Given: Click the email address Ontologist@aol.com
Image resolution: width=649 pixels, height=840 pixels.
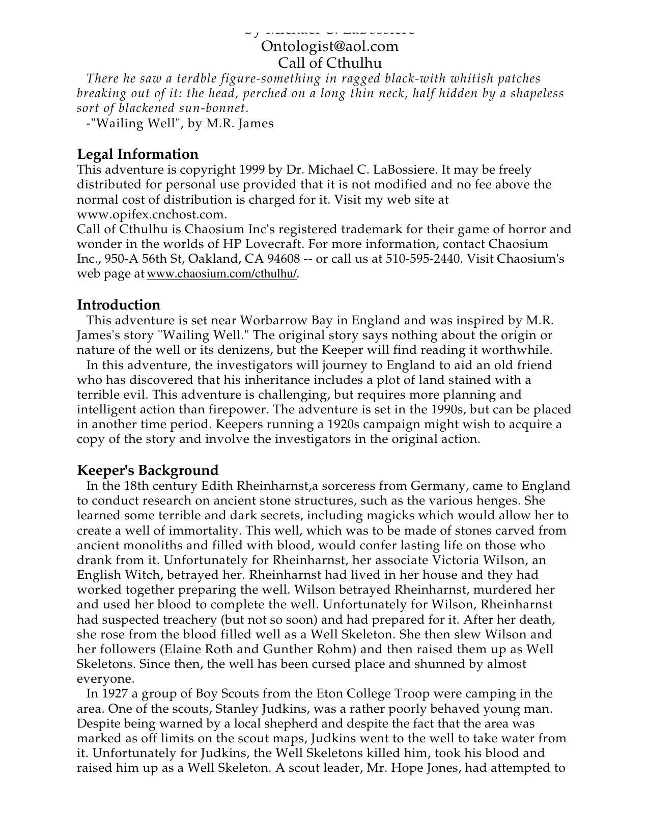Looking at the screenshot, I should click(x=329, y=46).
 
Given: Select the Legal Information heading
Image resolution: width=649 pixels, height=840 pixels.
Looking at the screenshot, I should click(x=137, y=154).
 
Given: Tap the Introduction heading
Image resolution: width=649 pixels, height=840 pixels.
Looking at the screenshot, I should click(x=119, y=305).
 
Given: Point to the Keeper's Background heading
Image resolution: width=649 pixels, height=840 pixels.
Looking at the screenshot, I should click(x=148, y=470).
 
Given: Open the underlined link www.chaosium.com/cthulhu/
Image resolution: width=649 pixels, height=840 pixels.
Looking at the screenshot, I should click(x=221, y=274).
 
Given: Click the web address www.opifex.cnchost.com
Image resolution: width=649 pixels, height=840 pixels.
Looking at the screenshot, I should click(x=151, y=214).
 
